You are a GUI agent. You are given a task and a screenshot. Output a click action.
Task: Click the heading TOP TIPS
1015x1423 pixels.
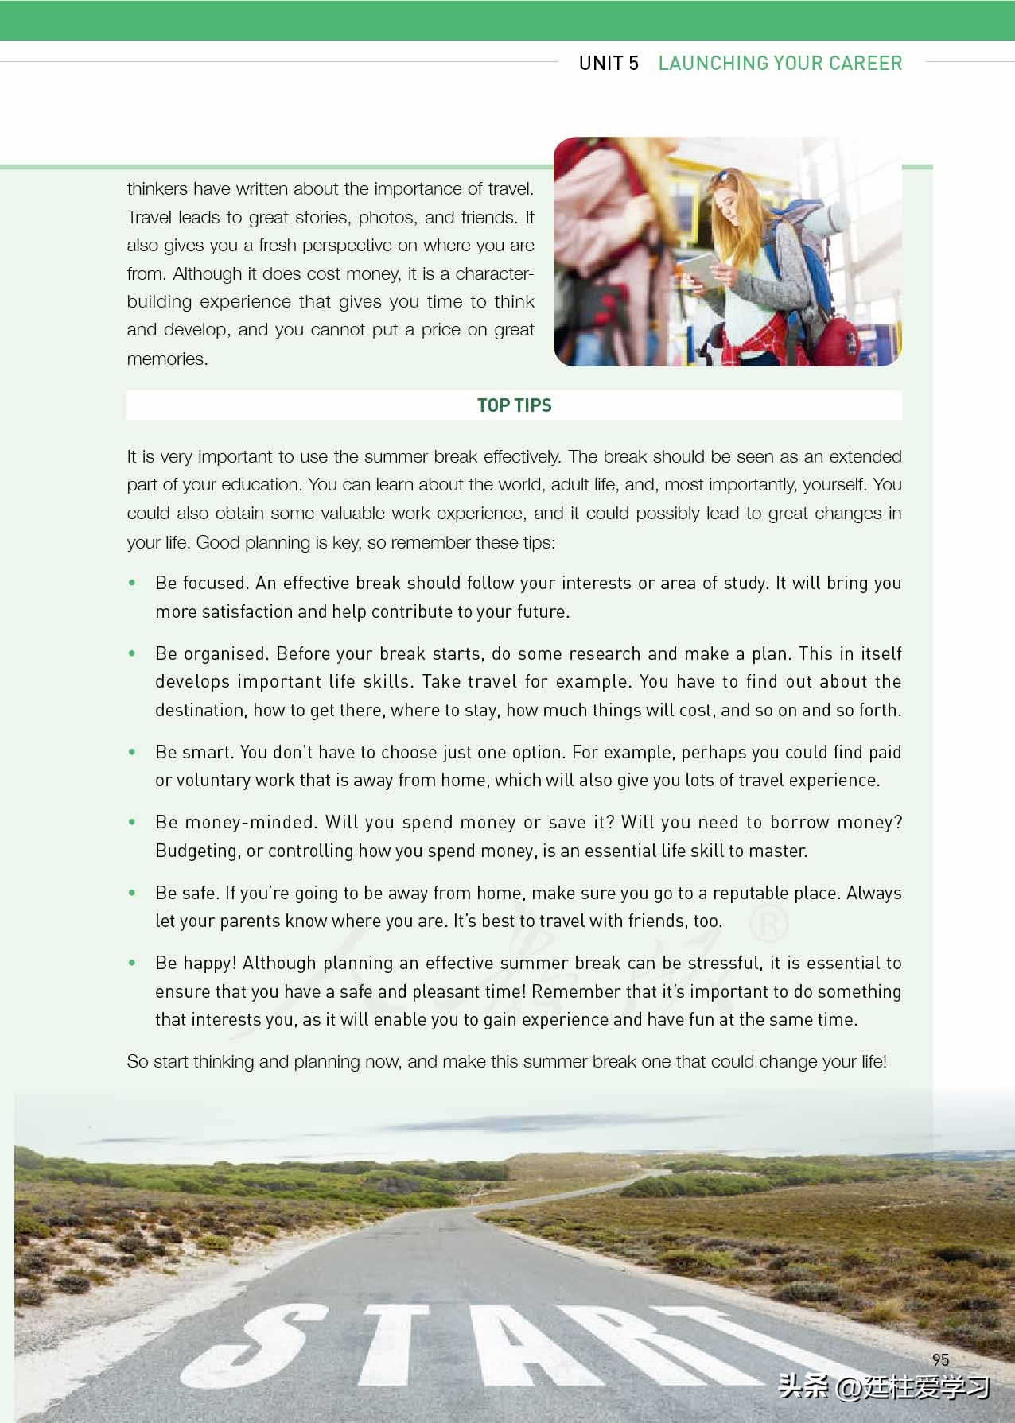514,405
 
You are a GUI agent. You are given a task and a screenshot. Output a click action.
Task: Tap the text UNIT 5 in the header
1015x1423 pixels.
609,64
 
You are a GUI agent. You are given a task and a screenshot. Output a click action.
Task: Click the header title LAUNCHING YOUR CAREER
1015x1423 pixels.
780,64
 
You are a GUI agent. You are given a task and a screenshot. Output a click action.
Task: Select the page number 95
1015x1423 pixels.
940,1360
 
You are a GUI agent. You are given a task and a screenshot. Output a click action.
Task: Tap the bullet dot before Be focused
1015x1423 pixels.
132,584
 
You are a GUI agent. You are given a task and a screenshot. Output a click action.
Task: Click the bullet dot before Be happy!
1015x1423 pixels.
132,964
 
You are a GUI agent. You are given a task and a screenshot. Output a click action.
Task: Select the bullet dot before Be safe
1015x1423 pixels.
132,894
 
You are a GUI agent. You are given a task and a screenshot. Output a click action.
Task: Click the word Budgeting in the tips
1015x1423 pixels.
196,851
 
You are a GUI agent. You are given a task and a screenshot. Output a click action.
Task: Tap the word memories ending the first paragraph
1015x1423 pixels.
167,359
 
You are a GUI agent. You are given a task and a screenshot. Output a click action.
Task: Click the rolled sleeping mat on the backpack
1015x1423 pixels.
835,219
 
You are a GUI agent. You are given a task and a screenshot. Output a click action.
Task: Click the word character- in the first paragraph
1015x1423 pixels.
493,274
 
